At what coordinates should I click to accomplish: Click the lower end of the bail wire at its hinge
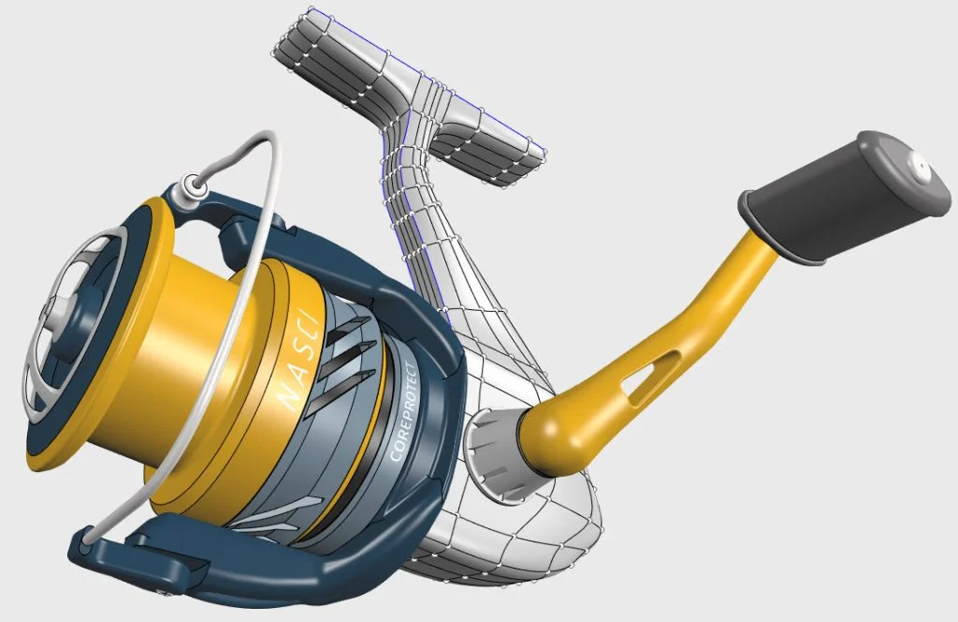pos(87,536)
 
